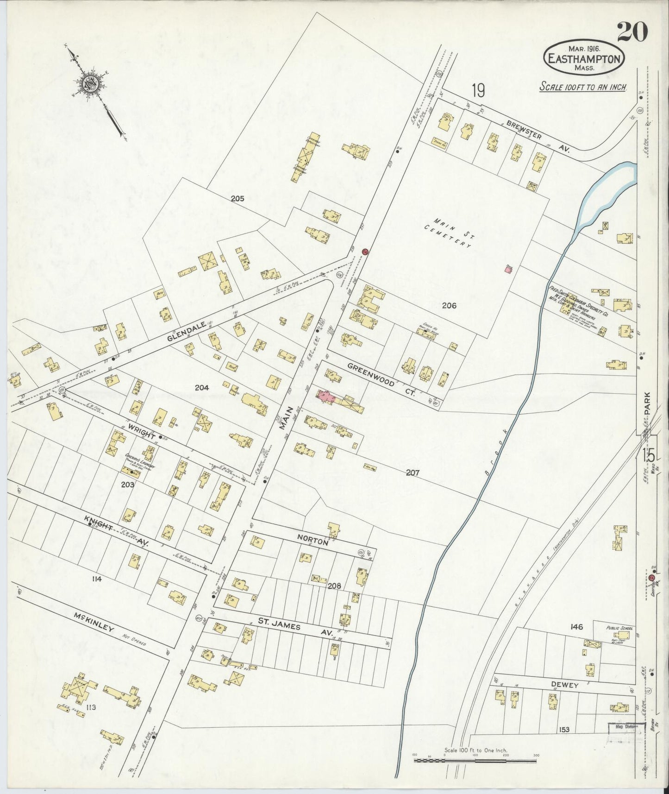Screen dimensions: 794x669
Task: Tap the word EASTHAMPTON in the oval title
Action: (x=584, y=59)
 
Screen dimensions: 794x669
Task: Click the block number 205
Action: (x=238, y=198)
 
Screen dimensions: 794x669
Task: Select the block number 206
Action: (x=449, y=305)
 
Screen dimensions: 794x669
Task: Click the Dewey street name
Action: (x=564, y=685)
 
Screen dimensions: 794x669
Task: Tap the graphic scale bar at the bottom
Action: (x=475, y=760)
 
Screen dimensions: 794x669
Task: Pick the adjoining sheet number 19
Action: (x=478, y=90)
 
